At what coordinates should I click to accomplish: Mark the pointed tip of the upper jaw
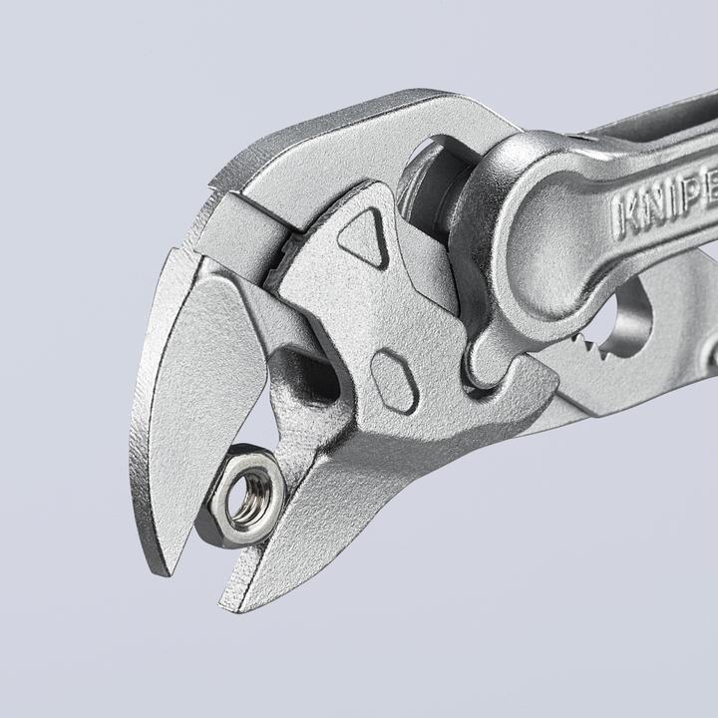pyautogui.click(x=160, y=570)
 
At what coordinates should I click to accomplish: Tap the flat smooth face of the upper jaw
pyautogui.click(x=199, y=399)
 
